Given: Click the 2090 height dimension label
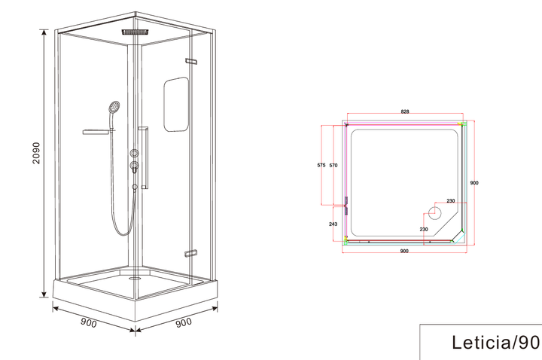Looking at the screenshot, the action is pos(36,153).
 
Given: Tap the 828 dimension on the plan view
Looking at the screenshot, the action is pos(405,111).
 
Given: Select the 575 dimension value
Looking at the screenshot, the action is pos(321,165).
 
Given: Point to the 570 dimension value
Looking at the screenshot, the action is pos(333,165).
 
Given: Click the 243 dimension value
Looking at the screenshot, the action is pos(333,224).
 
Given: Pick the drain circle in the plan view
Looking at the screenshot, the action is pos(435,212).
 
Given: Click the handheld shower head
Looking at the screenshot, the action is pos(114,107).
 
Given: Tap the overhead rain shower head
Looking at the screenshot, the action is pos(135,32).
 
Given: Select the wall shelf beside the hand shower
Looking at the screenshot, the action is pos(98,131).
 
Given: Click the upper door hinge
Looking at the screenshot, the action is pos(191,62).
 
